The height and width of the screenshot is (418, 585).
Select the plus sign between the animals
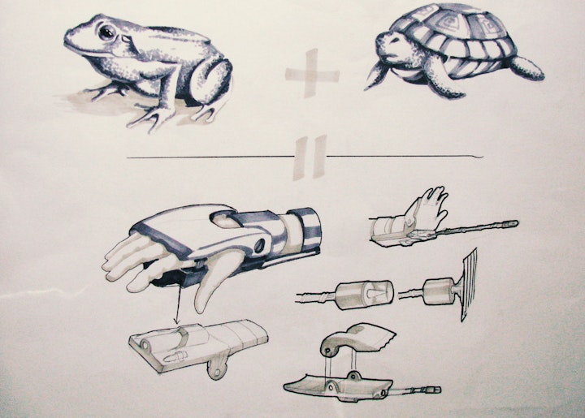click(311, 75)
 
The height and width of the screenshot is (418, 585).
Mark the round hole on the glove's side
click(259, 243)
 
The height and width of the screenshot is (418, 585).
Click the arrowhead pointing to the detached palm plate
click(177, 323)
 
